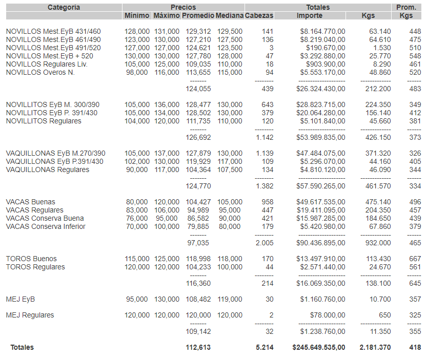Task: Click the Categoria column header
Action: (x=64, y=7)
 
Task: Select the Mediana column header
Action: (x=229, y=16)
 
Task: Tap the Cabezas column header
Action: (x=259, y=16)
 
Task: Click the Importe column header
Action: (x=310, y=16)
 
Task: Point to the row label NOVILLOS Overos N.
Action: (x=40, y=73)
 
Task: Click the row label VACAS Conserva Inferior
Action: (x=46, y=227)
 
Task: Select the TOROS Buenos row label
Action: (x=31, y=259)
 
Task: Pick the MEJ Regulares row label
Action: (x=30, y=315)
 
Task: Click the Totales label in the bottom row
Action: (x=22, y=348)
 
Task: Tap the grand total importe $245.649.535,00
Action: (x=319, y=348)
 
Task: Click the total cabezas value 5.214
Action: (x=265, y=348)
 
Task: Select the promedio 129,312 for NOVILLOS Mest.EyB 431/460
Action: (x=197, y=32)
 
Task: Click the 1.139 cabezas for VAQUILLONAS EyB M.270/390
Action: (x=265, y=154)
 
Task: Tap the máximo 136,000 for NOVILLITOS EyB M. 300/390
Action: (x=167, y=105)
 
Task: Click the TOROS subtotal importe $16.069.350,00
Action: (x=321, y=283)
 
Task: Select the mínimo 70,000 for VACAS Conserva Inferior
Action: (x=136, y=227)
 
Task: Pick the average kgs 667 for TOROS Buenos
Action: (x=415, y=259)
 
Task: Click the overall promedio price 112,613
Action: (x=198, y=348)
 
